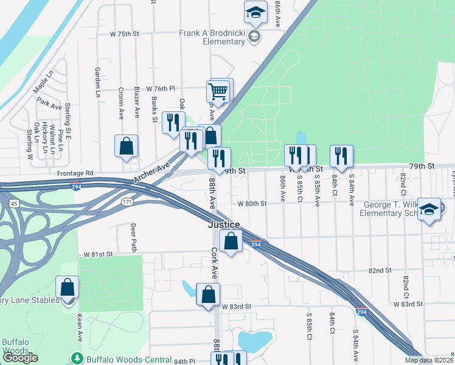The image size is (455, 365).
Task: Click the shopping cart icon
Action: pyautogui.click(x=218, y=92)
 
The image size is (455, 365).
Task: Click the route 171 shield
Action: pyautogui.click(x=126, y=201)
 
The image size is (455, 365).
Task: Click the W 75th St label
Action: pyautogui.click(x=124, y=34)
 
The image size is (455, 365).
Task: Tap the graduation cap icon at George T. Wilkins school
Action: pyautogui.click(x=429, y=210)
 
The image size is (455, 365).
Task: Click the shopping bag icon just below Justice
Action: pyautogui.click(x=231, y=241)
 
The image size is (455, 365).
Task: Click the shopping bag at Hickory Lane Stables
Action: pyautogui.click(x=68, y=287)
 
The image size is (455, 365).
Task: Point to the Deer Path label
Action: pyautogui.click(x=133, y=237)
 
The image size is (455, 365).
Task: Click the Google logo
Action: pyautogui.click(x=21, y=358)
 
